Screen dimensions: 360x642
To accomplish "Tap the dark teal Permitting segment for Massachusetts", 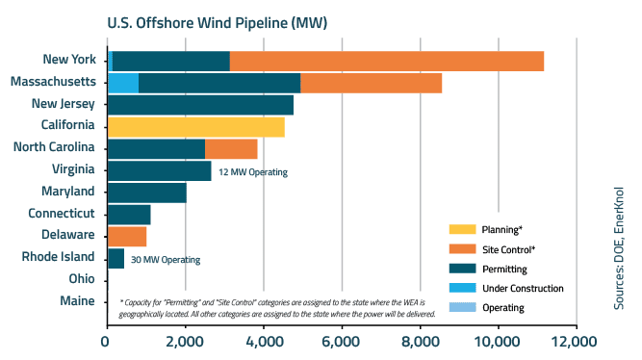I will [219, 83].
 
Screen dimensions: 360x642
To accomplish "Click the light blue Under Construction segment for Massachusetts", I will [123, 83].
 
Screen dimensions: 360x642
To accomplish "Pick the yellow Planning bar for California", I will [195, 126].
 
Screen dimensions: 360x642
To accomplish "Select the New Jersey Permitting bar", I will [200, 104].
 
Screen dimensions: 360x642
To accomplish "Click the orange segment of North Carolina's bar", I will [231, 148].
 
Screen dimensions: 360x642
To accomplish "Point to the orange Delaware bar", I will [127, 236].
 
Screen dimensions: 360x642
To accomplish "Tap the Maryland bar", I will [146, 193].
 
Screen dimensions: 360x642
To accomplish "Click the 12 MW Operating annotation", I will [253, 172].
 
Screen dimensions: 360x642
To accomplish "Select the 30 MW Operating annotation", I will [165, 260].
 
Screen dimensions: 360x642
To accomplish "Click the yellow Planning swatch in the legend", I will [463, 229].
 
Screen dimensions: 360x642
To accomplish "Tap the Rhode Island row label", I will [59, 257].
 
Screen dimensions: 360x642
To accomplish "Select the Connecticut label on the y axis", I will [61, 213].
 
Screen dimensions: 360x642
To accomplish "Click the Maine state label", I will [75, 301].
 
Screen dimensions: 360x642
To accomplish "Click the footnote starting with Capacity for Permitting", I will [277, 307].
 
